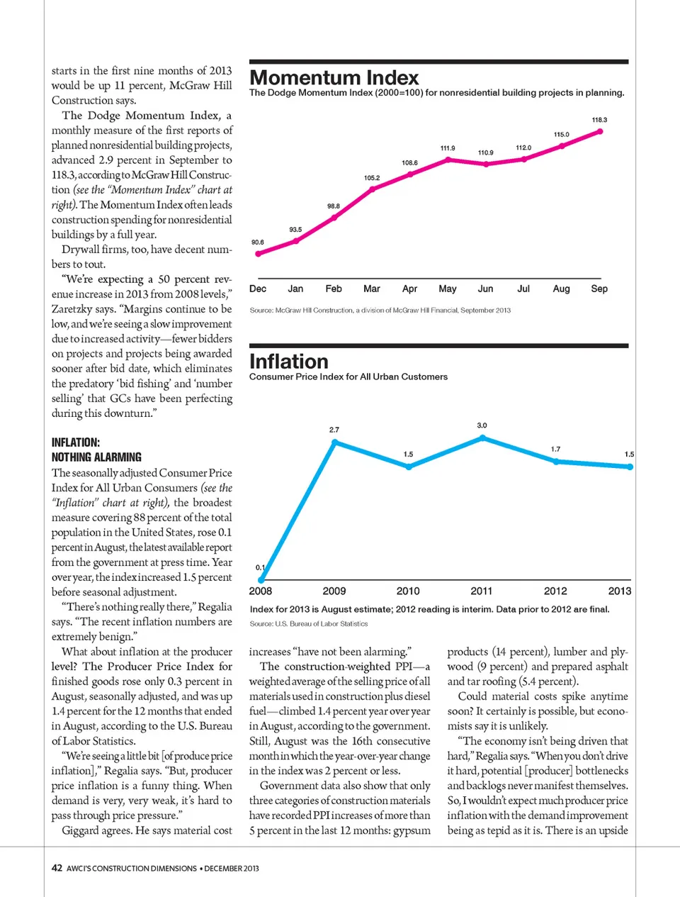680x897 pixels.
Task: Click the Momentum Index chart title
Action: click(334, 78)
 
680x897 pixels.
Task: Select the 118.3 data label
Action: click(599, 120)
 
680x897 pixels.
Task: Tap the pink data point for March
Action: click(373, 189)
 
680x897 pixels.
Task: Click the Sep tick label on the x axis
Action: click(599, 289)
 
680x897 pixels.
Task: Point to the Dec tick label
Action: click(258, 289)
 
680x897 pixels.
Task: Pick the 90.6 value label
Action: click(258, 243)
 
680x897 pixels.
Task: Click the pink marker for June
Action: click(486, 164)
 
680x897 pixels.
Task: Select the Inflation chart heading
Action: click(289, 362)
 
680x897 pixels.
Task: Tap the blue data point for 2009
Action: click(335, 442)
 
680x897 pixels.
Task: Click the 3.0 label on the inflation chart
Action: click(482, 425)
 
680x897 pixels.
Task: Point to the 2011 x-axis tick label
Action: click(482, 591)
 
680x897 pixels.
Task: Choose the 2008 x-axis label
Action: click(261, 591)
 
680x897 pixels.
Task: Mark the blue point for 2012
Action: click(556, 461)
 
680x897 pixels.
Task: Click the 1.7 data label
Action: click(556, 449)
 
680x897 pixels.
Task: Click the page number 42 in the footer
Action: click(57, 868)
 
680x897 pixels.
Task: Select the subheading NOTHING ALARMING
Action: click(96, 457)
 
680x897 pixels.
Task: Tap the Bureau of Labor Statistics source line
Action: click(309, 624)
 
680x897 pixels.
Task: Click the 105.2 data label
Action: click(372, 178)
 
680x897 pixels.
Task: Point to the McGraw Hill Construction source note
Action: click(380, 311)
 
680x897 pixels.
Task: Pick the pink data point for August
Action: click(562, 146)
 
